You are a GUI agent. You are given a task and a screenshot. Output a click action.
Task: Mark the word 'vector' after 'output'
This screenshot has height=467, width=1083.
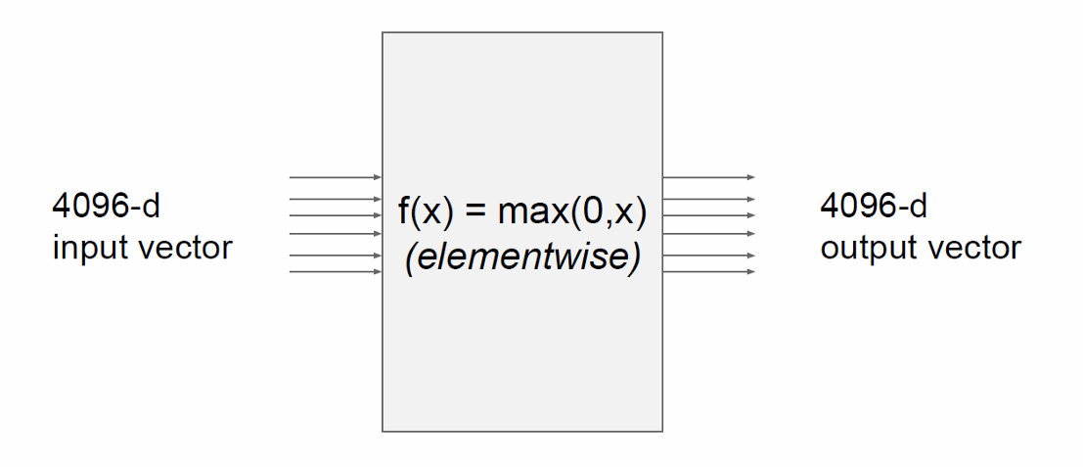tap(972, 248)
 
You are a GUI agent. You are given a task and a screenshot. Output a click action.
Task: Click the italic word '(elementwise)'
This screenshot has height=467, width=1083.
tap(522, 259)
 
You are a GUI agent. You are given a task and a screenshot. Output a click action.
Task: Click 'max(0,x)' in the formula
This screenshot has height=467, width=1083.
tap(573, 211)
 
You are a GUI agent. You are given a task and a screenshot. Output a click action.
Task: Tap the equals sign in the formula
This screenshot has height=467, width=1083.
tap(474, 211)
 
